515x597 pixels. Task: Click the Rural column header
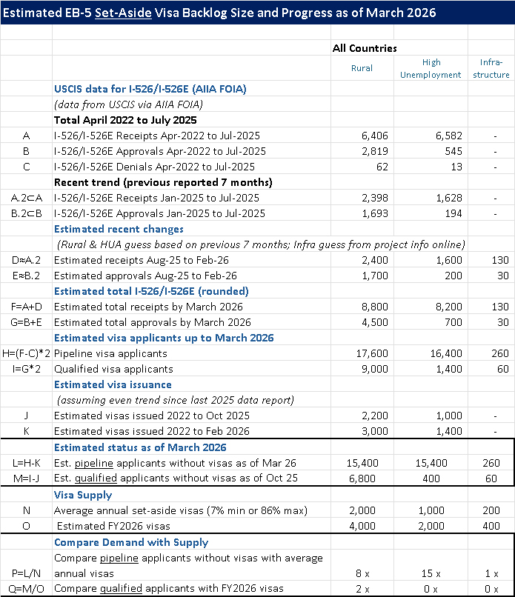pyautogui.click(x=362, y=68)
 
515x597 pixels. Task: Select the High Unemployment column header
pyautogui.click(x=431, y=68)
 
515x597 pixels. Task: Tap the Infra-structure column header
pyautogui.click(x=490, y=68)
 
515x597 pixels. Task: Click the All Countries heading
pyautogui.click(x=365, y=48)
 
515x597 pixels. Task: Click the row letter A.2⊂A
pyautogui.click(x=26, y=198)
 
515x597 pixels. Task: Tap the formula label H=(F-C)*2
pyautogui.click(x=26, y=353)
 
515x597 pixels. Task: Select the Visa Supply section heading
pyautogui.click(x=83, y=494)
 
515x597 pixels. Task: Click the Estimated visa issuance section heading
pyautogui.click(x=113, y=384)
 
